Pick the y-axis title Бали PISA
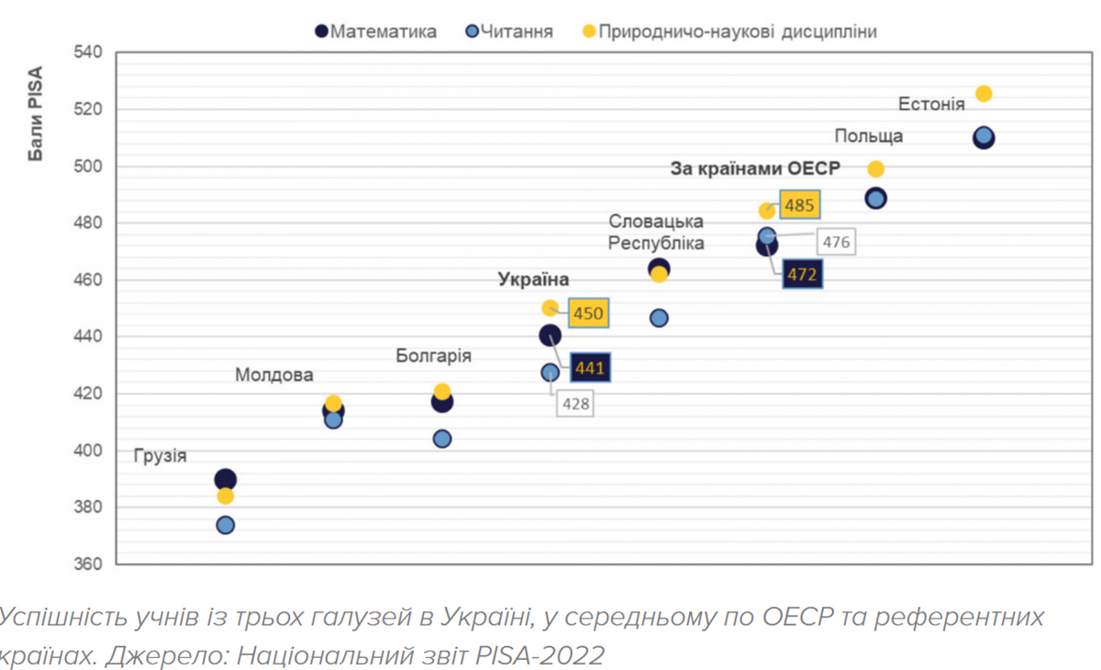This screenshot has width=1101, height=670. pos(36,115)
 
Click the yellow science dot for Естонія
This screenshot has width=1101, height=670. pos(984,94)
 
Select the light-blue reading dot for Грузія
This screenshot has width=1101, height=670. pos(225,525)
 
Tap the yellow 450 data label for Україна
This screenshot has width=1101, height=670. pos(588,314)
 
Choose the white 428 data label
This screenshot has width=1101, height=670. pos(575,403)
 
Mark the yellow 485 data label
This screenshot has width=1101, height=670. pos(799,206)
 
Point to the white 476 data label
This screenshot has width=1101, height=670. pos(836,243)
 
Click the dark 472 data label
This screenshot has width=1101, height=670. pos(802,274)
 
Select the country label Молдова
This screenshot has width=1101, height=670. pos(274,374)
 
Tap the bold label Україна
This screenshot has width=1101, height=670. pos(533,280)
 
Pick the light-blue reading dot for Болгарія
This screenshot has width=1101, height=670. pos(441,439)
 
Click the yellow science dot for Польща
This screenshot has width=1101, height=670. pos(875,169)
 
